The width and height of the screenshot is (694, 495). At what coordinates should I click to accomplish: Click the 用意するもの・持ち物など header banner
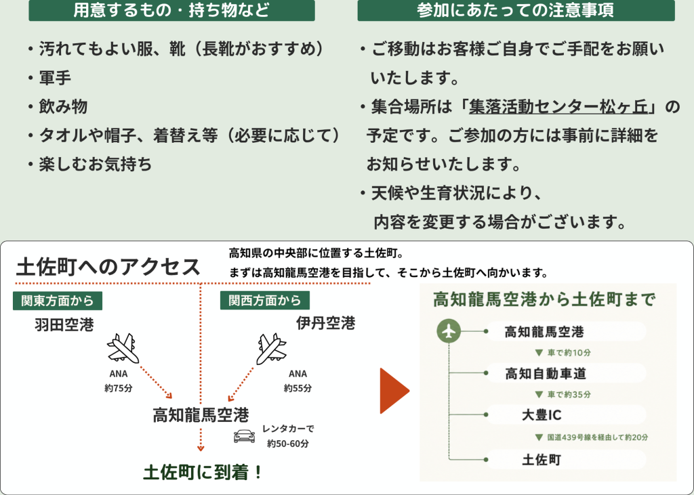[171, 10]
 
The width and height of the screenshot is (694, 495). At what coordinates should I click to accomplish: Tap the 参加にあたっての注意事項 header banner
[516, 10]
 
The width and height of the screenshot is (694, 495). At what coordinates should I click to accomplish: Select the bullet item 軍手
[55, 78]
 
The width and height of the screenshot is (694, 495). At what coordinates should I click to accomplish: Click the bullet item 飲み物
[63, 106]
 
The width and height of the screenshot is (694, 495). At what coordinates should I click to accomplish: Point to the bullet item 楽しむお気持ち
[96, 164]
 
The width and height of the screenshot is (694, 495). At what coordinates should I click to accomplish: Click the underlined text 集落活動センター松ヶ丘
[558, 107]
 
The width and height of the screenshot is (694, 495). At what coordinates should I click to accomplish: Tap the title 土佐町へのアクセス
[108, 267]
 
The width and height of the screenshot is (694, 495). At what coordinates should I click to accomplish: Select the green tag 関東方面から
[58, 301]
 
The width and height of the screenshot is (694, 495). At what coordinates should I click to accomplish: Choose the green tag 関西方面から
[265, 301]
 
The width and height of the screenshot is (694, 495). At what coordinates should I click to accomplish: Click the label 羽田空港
[64, 324]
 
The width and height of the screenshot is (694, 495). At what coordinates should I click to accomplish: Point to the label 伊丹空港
[326, 323]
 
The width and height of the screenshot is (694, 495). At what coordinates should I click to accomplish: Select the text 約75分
[119, 389]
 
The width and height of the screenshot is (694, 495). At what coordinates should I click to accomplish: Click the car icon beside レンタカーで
[244, 436]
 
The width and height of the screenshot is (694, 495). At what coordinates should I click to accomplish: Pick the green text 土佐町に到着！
[203, 472]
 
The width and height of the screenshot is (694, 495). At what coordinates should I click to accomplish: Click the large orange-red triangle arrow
[394, 391]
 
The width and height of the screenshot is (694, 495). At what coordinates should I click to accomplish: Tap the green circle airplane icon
[449, 331]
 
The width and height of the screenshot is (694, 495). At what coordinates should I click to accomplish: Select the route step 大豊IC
[542, 415]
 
